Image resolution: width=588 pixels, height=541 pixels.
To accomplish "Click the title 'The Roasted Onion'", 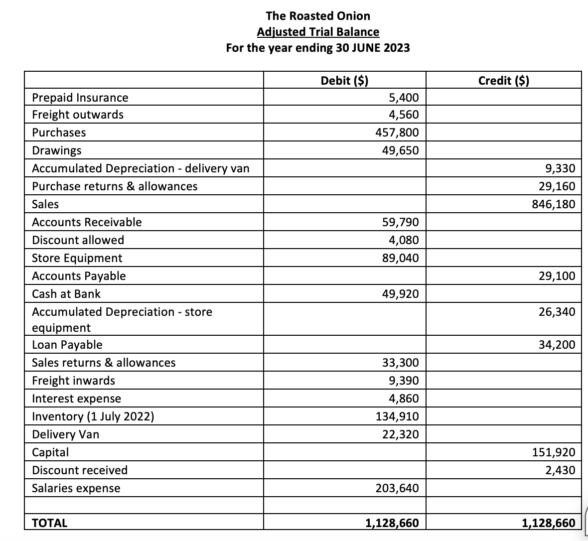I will (x=318, y=15).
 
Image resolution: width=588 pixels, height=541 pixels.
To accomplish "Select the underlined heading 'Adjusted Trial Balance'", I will (x=318, y=32).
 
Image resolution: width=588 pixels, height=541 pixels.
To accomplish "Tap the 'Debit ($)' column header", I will (x=344, y=80).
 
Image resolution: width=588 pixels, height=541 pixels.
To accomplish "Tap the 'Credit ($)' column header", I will (x=503, y=80).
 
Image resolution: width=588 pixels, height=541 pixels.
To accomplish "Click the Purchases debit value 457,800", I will (x=397, y=133).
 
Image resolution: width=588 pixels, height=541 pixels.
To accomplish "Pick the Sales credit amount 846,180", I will (x=553, y=204).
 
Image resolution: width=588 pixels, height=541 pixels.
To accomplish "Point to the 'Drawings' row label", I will (x=57, y=150).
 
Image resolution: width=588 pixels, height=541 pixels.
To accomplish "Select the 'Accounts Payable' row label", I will (x=79, y=276).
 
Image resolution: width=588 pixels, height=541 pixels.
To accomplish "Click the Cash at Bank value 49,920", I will (x=400, y=294).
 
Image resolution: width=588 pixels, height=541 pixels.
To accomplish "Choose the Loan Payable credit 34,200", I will (x=557, y=345).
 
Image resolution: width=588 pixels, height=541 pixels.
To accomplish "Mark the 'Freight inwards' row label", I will (x=73, y=381).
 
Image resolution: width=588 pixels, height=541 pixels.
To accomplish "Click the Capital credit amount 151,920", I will (x=553, y=452).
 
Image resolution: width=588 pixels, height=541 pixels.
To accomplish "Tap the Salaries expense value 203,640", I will (x=397, y=488).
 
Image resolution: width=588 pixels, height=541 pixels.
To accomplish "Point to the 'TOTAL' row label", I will (x=49, y=523).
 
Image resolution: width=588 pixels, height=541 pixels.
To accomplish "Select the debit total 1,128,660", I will (x=392, y=523).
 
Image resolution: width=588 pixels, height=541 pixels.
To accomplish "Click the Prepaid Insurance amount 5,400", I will (x=404, y=97).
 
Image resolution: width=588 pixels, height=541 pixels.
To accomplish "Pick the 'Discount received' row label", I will (x=80, y=470).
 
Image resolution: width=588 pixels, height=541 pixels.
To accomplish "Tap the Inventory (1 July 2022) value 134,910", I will (x=397, y=416).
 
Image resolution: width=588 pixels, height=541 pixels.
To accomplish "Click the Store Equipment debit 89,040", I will (x=400, y=258).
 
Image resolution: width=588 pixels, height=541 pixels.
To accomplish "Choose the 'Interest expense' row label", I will (x=76, y=399).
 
